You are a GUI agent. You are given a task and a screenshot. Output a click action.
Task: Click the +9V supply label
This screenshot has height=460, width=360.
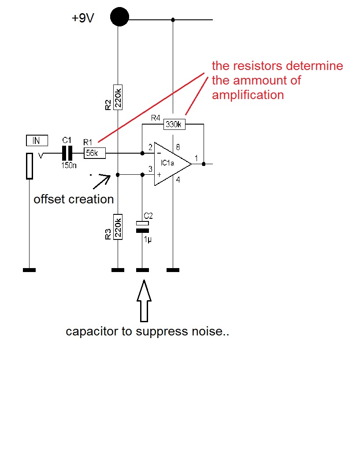point(83,19)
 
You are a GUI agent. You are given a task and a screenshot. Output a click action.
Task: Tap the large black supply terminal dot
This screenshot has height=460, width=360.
point(119,17)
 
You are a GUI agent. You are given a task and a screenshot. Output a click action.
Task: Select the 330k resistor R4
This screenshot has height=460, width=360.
point(174,125)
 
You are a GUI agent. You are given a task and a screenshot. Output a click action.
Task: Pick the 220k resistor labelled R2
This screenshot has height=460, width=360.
point(118,97)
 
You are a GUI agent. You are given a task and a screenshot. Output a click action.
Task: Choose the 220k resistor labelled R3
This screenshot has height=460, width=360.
point(118,226)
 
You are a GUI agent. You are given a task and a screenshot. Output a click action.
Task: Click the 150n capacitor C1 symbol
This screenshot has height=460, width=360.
point(67,153)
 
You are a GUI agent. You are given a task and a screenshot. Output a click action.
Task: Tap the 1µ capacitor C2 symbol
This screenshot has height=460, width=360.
point(142,227)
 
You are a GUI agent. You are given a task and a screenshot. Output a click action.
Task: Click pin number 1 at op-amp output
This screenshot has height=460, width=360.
point(196,157)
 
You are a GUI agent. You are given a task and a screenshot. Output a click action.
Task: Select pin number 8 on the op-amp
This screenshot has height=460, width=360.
point(178,147)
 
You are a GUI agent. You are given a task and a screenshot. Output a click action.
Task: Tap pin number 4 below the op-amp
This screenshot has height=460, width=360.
point(178,180)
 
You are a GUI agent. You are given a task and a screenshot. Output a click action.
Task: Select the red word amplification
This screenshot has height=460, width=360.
point(248,95)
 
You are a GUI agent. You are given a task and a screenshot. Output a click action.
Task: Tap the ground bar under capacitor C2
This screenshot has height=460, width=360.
point(142,270)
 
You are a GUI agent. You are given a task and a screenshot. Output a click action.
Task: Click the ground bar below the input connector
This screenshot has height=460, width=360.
point(29,270)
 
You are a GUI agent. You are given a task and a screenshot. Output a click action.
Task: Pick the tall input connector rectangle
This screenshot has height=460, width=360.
point(30,166)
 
